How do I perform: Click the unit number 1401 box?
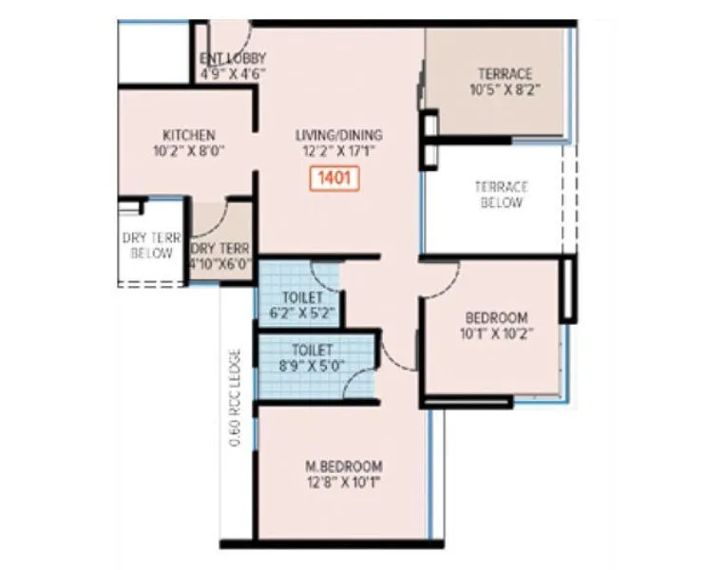click(x=334, y=178)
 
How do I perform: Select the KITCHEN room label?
click(x=188, y=135)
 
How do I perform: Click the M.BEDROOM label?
click(x=343, y=465)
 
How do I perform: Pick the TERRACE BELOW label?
click(x=501, y=195)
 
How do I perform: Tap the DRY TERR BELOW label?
click(x=151, y=246)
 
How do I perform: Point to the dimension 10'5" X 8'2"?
click(x=505, y=89)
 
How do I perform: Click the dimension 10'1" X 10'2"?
click(x=496, y=332)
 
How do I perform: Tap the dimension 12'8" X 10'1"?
click(x=343, y=481)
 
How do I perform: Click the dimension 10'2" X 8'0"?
click(x=188, y=150)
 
